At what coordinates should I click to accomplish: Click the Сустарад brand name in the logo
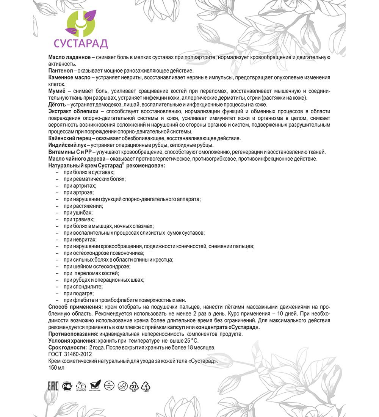[81, 43]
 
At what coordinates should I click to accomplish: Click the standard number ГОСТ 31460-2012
[70, 354]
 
